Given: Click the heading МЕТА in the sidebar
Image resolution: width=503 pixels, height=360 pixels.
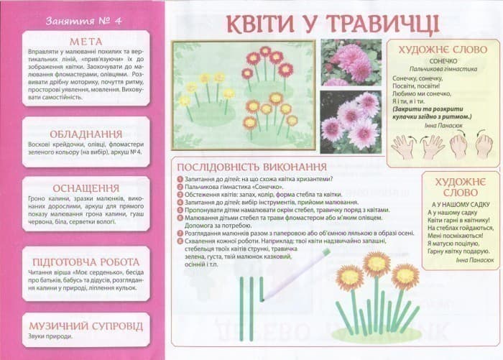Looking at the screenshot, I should pyautogui.click(x=86, y=41).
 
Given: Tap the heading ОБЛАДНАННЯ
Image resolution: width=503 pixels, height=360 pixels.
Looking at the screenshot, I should pyautogui.click(x=86, y=134).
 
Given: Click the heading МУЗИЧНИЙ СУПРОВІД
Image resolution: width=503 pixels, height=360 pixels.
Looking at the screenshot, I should pyautogui.click(x=86, y=326).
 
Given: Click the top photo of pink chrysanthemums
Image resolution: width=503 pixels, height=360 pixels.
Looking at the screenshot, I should pyautogui.click(x=350, y=62).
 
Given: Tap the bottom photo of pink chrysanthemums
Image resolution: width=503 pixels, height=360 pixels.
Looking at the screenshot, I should pyautogui.click(x=350, y=119).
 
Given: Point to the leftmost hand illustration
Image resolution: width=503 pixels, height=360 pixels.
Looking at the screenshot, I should pyautogui.click(x=403, y=147).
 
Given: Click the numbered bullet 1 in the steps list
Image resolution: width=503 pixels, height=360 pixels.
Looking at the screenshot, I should pyautogui.click(x=178, y=179).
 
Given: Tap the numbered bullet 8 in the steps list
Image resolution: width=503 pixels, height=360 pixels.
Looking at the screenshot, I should pyautogui.click(x=178, y=242).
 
